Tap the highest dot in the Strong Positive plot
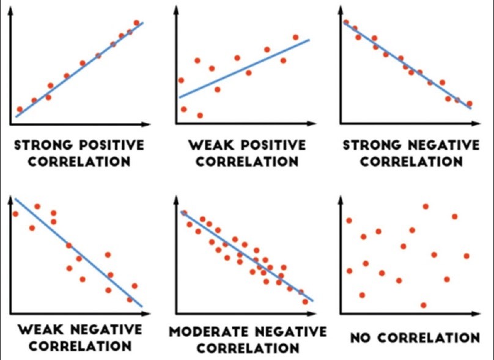pos(136,23)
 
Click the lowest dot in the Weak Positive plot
pos(200,115)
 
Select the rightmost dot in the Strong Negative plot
pos(470,104)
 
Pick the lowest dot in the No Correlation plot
pos(423,304)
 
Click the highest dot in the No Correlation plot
pos(426,206)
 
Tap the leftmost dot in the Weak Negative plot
pos(15,214)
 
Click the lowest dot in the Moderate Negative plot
pos(306,301)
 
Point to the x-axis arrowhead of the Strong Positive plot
pos(146,124)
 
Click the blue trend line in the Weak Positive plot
pos(245,68)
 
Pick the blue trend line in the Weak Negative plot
pos(79,252)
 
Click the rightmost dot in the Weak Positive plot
pos(296,37)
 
